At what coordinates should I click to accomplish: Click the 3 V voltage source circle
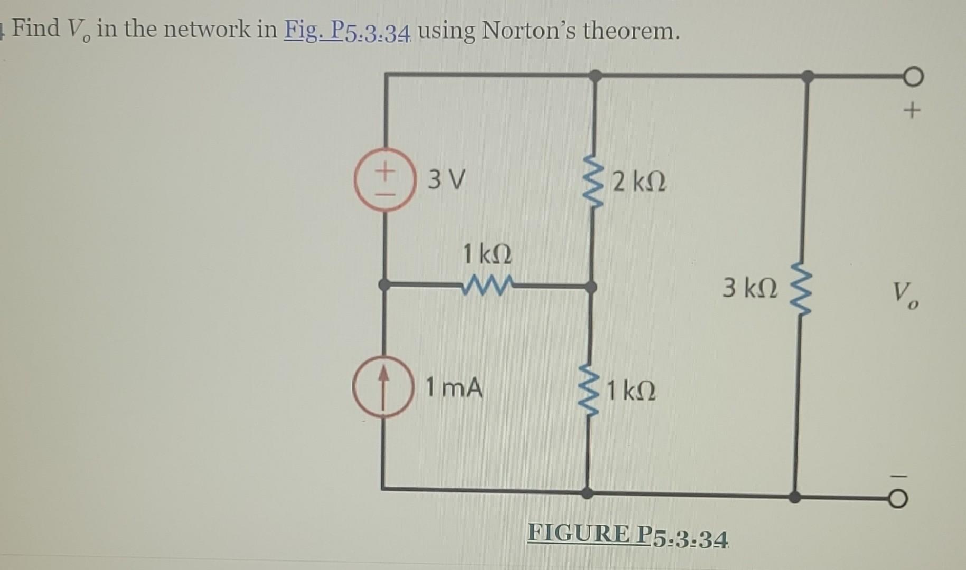coord(385,180)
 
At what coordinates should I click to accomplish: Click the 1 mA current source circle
coord(383,387)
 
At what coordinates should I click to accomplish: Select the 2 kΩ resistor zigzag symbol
coord(595,182)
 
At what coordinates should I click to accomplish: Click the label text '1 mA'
coord(454,388)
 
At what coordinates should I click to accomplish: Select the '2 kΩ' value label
coord(640,182)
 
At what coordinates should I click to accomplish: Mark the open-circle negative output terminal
coord(898,499)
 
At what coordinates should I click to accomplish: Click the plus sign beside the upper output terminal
coord(912,111)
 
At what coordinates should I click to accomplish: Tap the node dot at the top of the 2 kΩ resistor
coord(595,75)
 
